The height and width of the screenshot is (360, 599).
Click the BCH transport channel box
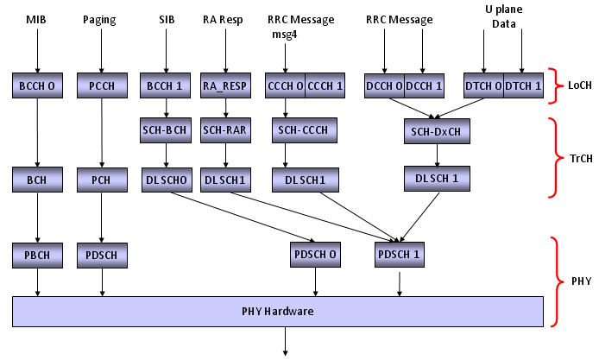coord(36,180)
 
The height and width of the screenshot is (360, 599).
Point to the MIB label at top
coord(36,20)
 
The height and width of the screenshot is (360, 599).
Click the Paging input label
coord(102,20)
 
